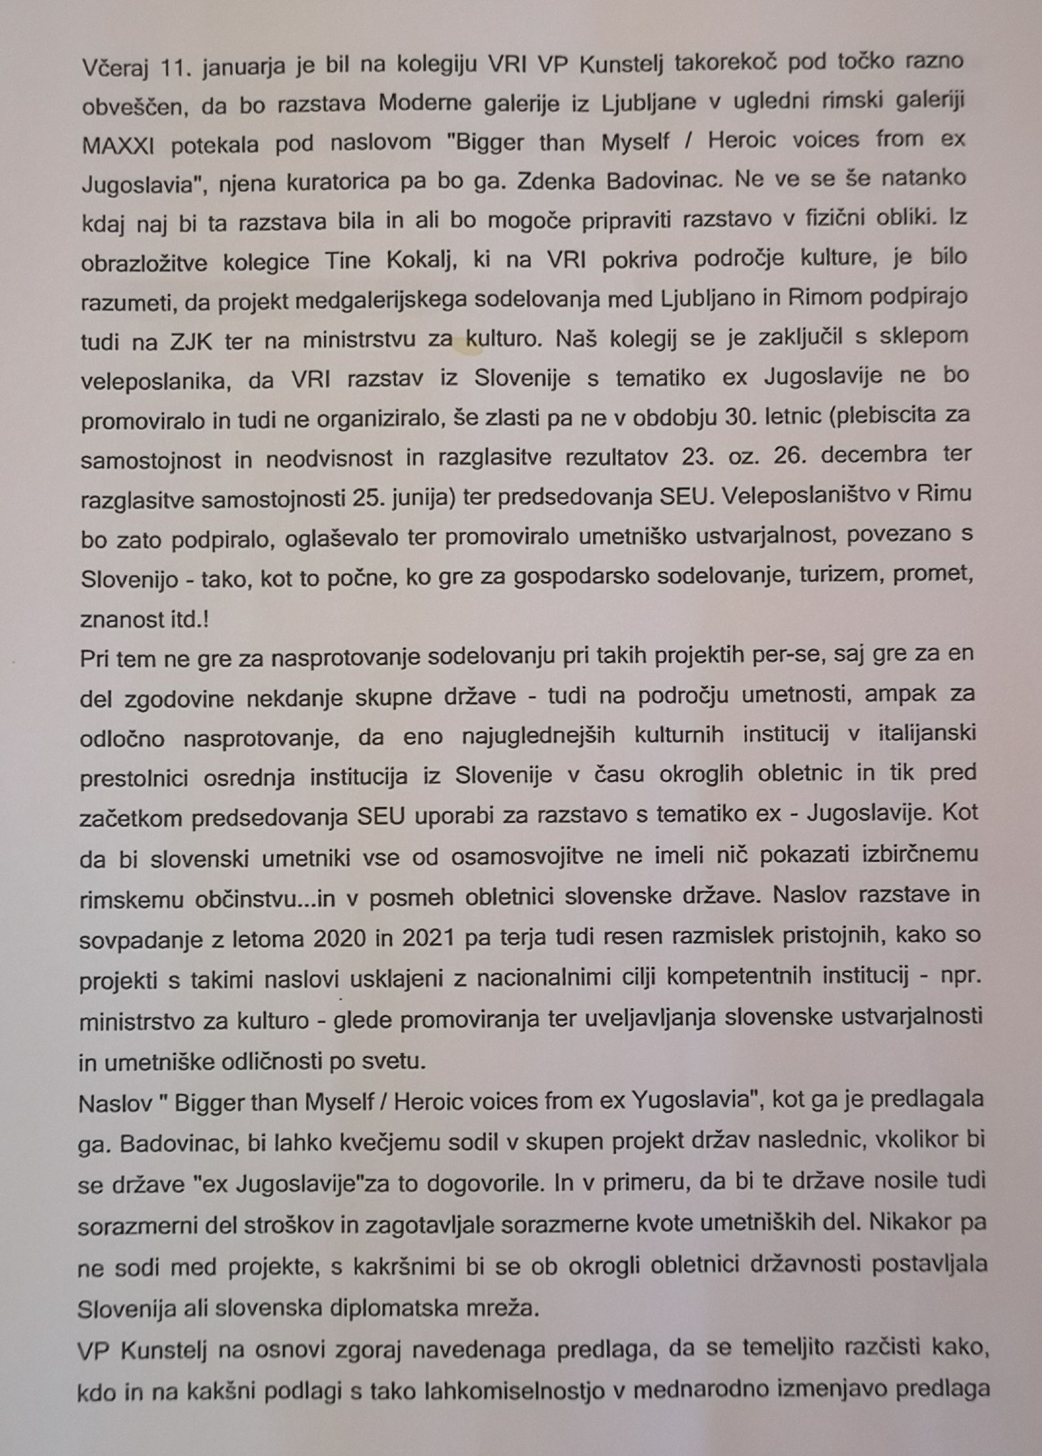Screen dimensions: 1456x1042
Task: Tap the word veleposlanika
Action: click(156, 380)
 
